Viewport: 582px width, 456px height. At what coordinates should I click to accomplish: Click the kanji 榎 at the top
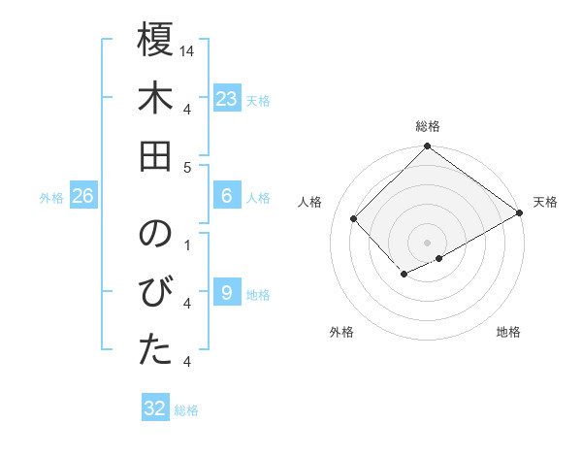155,42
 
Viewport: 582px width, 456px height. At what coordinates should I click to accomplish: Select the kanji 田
155,157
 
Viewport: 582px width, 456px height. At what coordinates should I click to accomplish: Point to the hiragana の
155,235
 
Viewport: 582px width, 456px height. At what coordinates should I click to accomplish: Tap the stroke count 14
188,50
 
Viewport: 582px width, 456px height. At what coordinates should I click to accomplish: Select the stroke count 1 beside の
187,244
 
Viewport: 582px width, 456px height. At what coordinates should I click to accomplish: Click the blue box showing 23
227,98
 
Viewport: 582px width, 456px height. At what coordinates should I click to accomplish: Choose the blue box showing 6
227,196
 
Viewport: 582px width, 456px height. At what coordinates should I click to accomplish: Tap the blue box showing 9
227,293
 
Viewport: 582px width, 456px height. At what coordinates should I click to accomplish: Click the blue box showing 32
155,408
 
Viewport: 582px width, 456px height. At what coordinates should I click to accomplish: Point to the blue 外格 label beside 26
51,198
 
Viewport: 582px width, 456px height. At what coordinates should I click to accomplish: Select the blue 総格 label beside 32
186,410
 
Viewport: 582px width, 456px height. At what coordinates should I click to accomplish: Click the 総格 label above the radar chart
427,126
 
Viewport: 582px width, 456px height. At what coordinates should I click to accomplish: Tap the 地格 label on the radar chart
508,332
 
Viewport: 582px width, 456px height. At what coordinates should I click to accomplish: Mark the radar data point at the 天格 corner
520,213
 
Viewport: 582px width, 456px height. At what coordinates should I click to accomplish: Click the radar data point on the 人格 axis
355,219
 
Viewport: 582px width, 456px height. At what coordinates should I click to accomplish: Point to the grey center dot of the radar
427,241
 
